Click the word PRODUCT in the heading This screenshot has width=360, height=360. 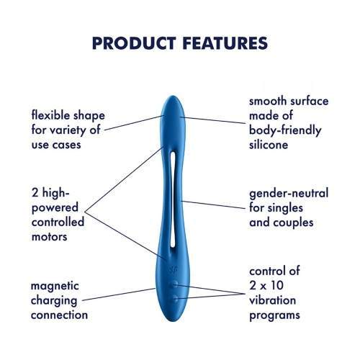(x=134, y=43)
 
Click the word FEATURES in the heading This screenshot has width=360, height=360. (x=225, y=43)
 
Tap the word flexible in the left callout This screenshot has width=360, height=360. (x=51, y=115)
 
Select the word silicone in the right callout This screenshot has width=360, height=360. (x=269, y=145)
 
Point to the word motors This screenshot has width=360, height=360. (x=49, y=237)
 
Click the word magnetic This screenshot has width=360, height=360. (x=55, y=286)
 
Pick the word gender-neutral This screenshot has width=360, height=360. (x=289, y=194)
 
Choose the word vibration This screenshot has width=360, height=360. (x=272, y=300)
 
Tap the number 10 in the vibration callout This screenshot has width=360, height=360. (x=277, y=285)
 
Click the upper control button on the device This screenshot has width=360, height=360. (x=175, y=285)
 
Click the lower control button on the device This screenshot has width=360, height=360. (x=176, y=299)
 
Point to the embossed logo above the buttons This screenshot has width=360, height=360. (x=174, y=270)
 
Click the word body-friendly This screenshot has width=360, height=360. (x=285, y=130)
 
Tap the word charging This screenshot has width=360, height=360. (x=54, y=301)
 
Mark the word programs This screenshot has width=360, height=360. (x=274, y=315)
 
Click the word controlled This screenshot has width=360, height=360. (x=58, y=222)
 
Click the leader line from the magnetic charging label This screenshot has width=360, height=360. (x=119, y=294)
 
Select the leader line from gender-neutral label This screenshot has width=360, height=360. (x=214, y=204)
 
